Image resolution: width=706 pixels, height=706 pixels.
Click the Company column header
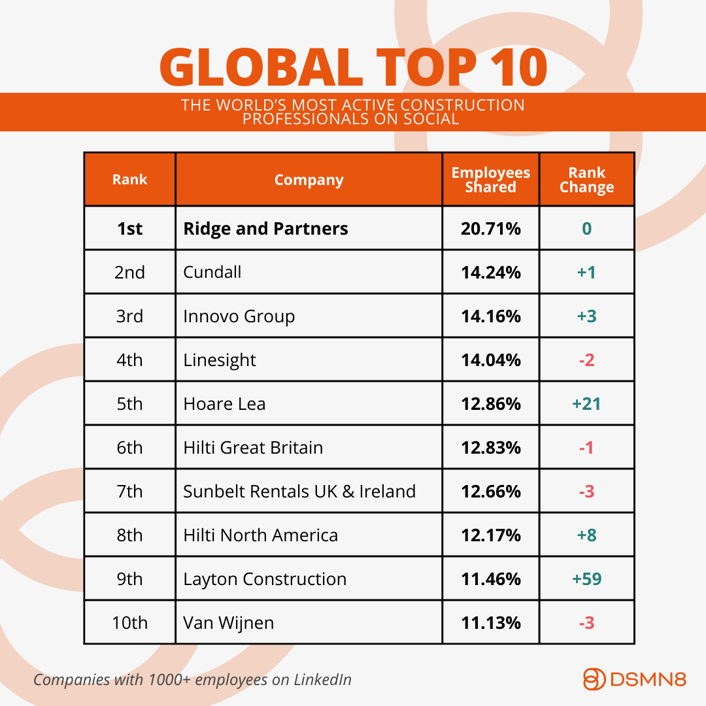(309, 180)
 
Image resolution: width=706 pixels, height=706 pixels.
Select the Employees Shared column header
(491, 180)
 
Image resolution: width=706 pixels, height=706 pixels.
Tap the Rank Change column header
(586, 180)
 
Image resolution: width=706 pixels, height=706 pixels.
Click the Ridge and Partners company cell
(265, 229)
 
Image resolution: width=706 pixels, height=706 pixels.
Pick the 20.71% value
(491, 229)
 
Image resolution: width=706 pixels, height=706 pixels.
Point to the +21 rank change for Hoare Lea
(586, 404)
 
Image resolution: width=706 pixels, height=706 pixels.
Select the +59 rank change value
(586, 579)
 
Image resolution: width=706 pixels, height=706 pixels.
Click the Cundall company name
(212, 272)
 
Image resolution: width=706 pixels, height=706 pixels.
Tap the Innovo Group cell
(239, 316)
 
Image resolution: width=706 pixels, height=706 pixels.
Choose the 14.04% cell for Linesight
(491, 360)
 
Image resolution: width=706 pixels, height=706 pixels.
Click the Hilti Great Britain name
(253, 448)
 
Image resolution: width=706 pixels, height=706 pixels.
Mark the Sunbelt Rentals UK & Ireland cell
(299, 492)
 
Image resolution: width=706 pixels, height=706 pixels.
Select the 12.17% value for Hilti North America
(491, 535)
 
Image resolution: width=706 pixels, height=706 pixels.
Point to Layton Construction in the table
(264, 579)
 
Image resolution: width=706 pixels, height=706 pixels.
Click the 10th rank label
(129, 623)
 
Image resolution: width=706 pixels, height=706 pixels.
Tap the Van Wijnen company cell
(228, 623)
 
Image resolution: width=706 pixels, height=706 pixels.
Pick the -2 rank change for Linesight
(586, 360)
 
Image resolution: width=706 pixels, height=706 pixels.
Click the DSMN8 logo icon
(594, 679)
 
